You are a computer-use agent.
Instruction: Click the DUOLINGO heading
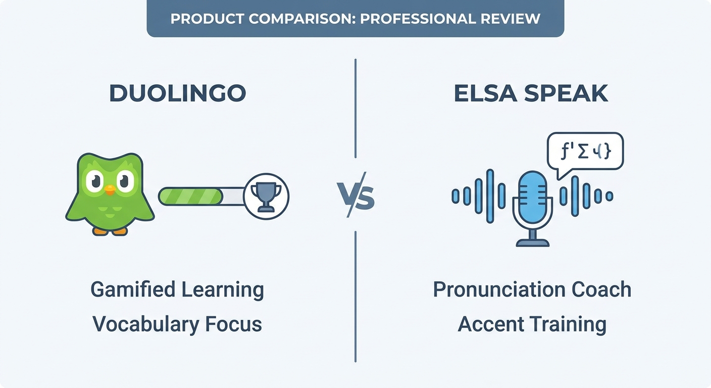178,93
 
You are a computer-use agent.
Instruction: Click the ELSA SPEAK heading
531,93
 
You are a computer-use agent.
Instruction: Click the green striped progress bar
191,196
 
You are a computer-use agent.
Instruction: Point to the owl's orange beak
110,190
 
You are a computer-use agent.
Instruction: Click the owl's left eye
95,181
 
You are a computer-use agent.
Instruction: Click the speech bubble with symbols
585,152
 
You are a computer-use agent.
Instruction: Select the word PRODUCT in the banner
203,19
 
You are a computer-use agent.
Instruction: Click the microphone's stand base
532,243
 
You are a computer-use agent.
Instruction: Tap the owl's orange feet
110,231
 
